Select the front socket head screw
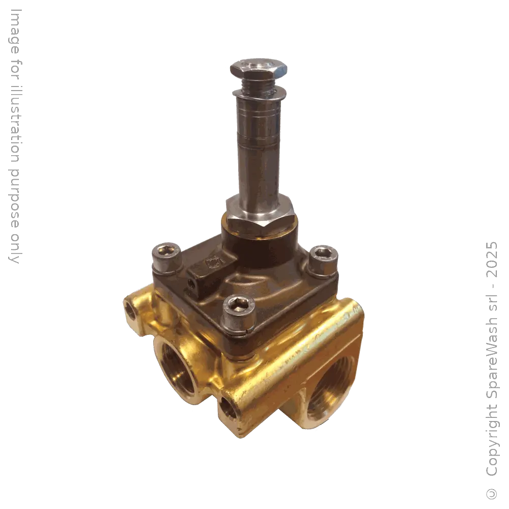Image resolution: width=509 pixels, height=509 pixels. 235,306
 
